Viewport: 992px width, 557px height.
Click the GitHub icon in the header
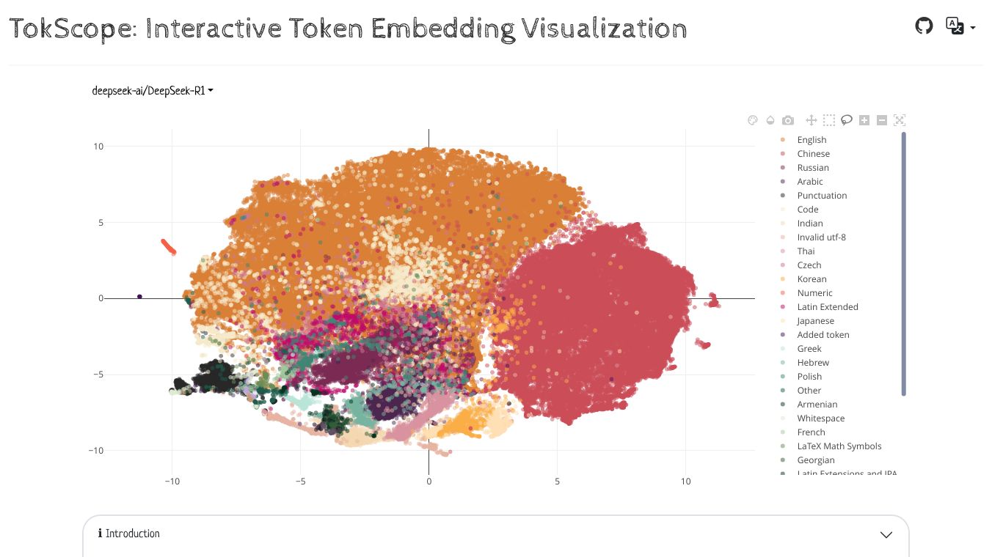tap(924, 26)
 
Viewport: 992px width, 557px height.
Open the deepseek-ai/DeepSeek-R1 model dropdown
tap(153, 91)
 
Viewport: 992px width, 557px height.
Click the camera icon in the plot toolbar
tap(788, 120)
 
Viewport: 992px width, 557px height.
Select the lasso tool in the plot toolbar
tap(846, 120)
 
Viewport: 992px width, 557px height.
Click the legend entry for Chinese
tap(813, 154)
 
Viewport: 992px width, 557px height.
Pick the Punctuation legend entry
tap(822, 196)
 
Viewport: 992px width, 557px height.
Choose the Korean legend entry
tap(812, 279)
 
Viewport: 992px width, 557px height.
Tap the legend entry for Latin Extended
tap(827, 307)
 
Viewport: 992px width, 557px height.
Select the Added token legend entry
tap(823, 335)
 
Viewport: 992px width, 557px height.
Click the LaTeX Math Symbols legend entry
tap(839, 446)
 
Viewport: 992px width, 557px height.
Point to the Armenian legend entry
tap(817, 405)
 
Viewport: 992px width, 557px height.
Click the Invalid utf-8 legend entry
tap(821, 237)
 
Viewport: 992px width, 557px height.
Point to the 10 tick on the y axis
tap(98, 147)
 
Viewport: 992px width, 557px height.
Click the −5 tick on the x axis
tap(300, 482)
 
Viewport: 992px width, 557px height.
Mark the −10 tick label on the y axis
tap(96, 450)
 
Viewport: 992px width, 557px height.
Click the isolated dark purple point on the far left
tap(139, 297)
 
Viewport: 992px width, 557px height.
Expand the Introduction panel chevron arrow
tap(886, 534)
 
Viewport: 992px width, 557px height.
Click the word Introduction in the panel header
tap(132, 534)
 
